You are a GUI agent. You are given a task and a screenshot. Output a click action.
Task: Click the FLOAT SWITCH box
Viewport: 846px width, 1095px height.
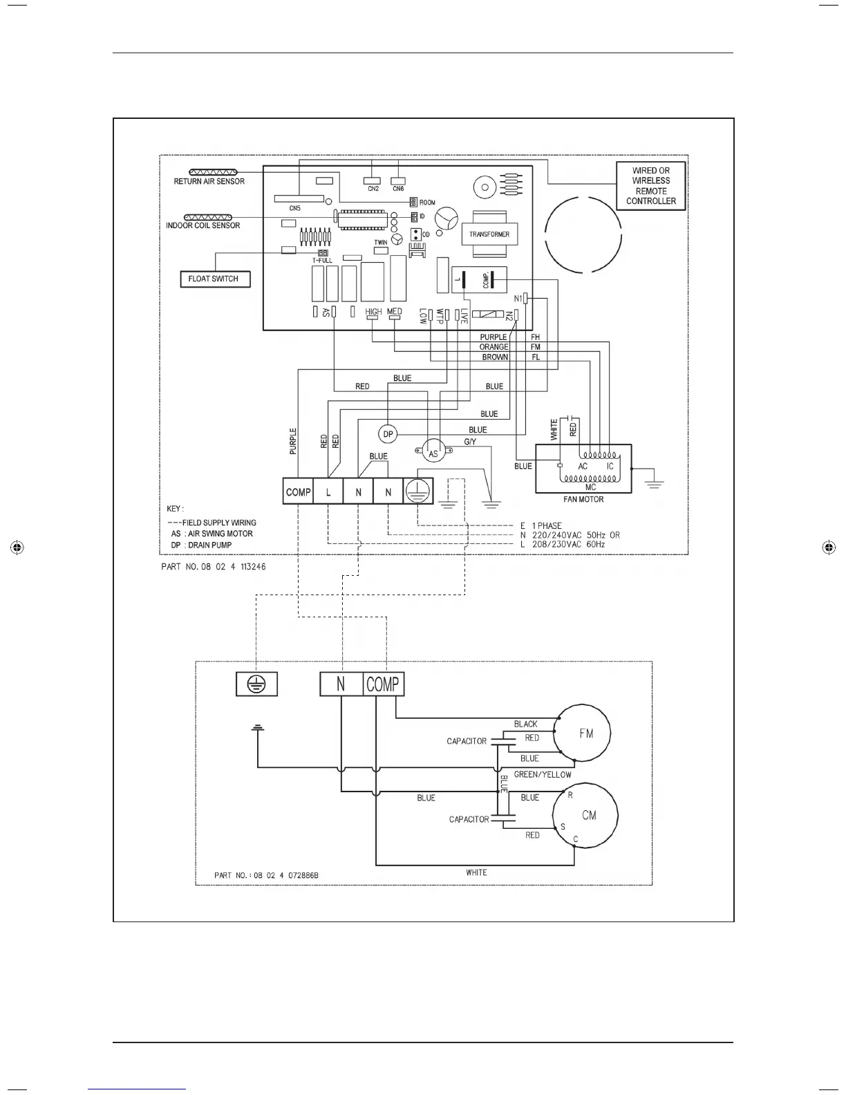214,279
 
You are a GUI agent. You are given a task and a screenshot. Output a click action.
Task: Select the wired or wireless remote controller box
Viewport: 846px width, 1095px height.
650,186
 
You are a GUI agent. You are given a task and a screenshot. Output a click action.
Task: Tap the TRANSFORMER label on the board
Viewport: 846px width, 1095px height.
489,234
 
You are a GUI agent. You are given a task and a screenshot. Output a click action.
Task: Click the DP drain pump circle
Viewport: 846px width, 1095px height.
388,434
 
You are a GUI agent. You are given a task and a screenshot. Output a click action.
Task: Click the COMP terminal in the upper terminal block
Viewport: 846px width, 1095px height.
298,492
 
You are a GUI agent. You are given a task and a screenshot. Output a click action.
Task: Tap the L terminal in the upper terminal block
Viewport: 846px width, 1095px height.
328,492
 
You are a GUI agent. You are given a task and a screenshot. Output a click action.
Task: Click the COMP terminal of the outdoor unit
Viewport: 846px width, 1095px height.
383,684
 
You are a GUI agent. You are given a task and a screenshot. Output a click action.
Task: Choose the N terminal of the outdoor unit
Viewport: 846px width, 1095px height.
341,684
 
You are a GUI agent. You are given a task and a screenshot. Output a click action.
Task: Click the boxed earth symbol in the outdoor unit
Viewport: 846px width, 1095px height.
256,684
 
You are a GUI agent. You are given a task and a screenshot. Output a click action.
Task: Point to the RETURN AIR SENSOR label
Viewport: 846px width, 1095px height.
209,182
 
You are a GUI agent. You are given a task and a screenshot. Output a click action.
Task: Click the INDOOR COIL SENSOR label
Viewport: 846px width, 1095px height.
203,225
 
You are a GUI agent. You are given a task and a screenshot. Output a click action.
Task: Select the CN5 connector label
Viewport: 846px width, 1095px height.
295,208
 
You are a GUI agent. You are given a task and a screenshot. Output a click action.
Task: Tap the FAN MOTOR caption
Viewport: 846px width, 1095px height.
583,499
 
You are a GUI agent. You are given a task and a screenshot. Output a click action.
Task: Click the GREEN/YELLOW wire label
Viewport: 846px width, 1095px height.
543,775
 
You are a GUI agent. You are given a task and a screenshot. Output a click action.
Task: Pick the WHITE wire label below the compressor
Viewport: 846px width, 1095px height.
476,872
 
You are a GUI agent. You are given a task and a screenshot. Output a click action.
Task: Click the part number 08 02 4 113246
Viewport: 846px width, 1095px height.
213,566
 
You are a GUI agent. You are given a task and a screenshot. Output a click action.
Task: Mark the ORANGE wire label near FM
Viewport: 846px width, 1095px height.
493,347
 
